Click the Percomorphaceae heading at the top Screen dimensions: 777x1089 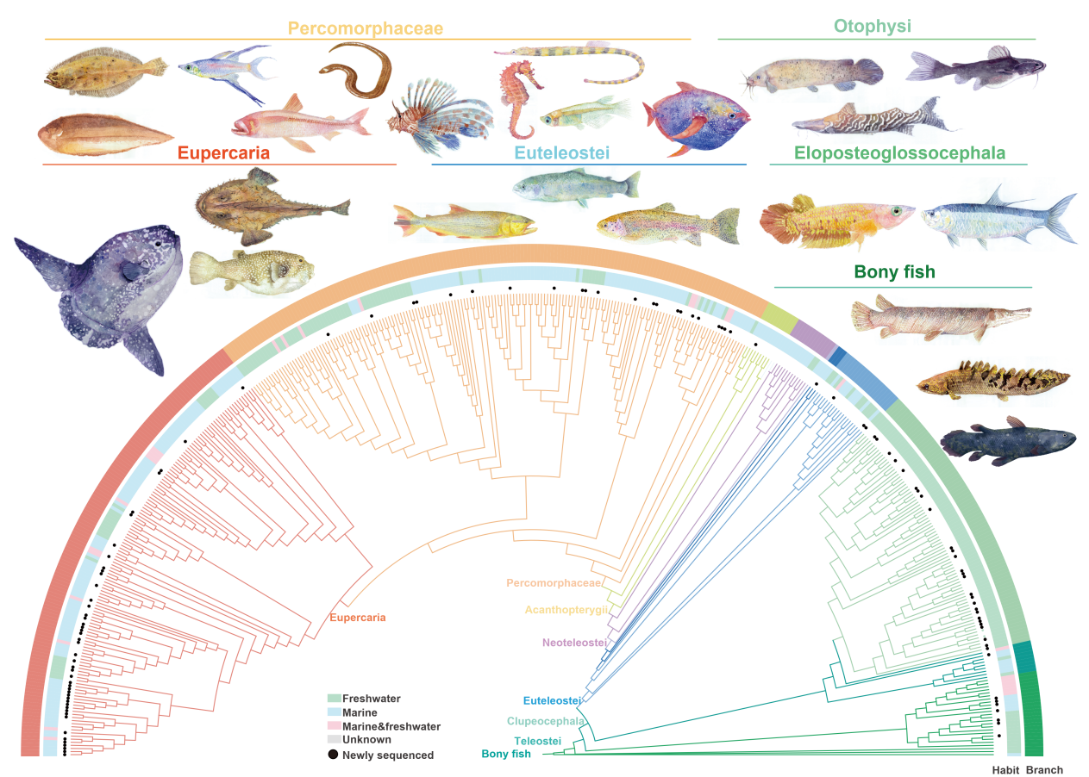(x=366, y=28)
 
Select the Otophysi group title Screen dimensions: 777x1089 (x=877, y=27)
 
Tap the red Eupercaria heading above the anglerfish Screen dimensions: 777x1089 (x=223, y=153)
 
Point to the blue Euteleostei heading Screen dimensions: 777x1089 (x=562, y=153)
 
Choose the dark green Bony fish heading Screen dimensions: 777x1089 (x=894, y=273)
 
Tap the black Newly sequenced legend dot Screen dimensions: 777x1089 (x=334, y=755)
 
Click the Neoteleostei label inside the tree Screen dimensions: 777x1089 (x=575, y=643)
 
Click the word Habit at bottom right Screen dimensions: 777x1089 (x=1005, y=770)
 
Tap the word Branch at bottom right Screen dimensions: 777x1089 (x=1044, y=770)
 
